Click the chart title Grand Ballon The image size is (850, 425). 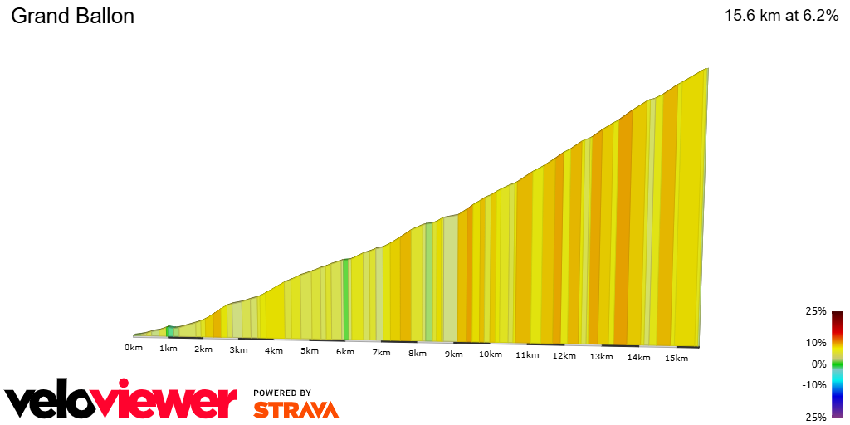pyautogui.click(x=72, y=17)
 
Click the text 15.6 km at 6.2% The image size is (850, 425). pyautogui.click(x=781, y=16)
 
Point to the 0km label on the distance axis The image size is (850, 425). pyautogui.click(x=134, y=347)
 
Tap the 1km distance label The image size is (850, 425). pyautogui.click(x=169, y=349)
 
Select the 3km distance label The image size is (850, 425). pyautogui.click(x=238, y=350)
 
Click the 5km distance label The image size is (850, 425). pyautogui.click(x=310, y=351)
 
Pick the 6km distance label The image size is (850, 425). pyautogui.click(x=345, y=352)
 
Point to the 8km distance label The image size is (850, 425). pyautogui.click(x=418, y=354)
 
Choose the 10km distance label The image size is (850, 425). pyautogui.click(x=490, y=355)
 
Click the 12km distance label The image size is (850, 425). pyautogui.click(x=564, y=356)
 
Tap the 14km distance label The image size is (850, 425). pyautogui.click(x=637, y=358)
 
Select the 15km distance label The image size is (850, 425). pyautogui.click(x=676, y=359)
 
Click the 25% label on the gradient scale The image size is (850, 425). pyautogui.click(x=816, y=311)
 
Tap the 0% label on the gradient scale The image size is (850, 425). pyautogui.click(x=818, y=364)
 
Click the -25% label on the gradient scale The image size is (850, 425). pyautogui.click(x=814, y=417)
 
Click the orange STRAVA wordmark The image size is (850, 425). pyautogui.click(x=296, y=409)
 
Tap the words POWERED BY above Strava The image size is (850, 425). pyautogui.click(x=282, y=393)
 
